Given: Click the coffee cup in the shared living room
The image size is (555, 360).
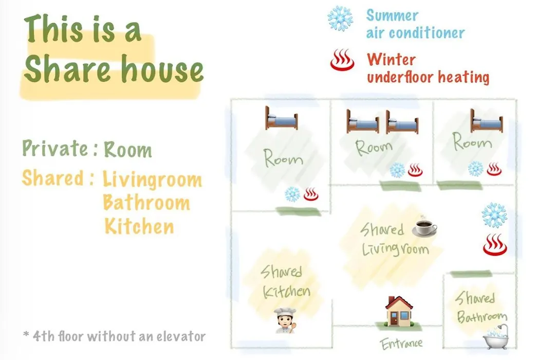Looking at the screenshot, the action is [424, 227].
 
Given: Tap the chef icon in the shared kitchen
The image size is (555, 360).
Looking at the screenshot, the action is [285, 321].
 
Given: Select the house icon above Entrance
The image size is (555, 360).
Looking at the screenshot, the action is [399, 311].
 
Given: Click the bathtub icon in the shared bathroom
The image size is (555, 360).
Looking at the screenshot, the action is [496, 337].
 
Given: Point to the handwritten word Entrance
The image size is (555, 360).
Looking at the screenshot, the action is [401, 344].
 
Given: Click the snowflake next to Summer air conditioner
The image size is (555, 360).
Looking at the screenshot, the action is [340, 19].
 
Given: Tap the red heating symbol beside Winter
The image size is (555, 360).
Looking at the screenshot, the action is [342, 60].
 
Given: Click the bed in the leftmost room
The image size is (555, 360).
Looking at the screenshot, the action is [282, 118].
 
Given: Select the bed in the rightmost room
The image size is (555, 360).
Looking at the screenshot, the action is [486, 121].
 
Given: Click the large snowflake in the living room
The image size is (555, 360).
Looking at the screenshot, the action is [494, 215].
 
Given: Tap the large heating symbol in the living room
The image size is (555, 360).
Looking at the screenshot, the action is [495, 244].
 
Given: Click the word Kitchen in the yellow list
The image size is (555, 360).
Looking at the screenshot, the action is [139, 226].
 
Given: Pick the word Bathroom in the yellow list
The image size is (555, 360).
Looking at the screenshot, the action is [146, 203].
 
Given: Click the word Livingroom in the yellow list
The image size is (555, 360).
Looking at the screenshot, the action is [153, 180].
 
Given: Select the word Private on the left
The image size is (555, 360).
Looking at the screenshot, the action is [55, 148].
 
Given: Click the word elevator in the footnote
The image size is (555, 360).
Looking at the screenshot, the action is [181, 336].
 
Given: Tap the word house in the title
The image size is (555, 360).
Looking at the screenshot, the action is [162, 69].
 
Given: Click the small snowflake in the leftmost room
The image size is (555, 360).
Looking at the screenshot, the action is [292, 194].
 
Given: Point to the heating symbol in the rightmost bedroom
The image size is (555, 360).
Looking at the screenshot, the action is [494, 169].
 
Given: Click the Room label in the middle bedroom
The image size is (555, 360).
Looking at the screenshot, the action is [374, 148].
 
